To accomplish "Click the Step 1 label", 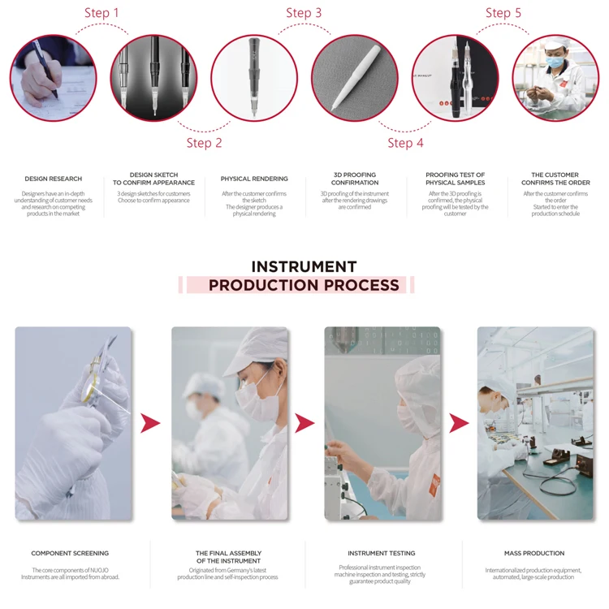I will (101, 13).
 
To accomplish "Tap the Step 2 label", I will (204, 143).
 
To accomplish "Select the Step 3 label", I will (304, 13).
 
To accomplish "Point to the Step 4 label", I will (405, 143).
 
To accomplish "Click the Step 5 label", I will (503, 13).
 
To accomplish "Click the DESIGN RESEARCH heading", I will (53, 179).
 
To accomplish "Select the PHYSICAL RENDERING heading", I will (254, 179).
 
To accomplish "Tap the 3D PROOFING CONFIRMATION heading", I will (355, 179).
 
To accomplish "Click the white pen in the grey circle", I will (356, 78).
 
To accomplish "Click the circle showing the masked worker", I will (555, 78).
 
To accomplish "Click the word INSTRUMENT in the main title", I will (304, 266).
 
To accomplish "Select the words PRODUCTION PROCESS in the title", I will (304, 285).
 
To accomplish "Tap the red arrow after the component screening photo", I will (150, 423).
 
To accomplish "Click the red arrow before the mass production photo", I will (459, 423).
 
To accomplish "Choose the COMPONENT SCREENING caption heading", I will (70, 553).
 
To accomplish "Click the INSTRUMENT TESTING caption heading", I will (382, 553).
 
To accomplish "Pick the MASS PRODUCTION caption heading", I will (533, 553).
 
